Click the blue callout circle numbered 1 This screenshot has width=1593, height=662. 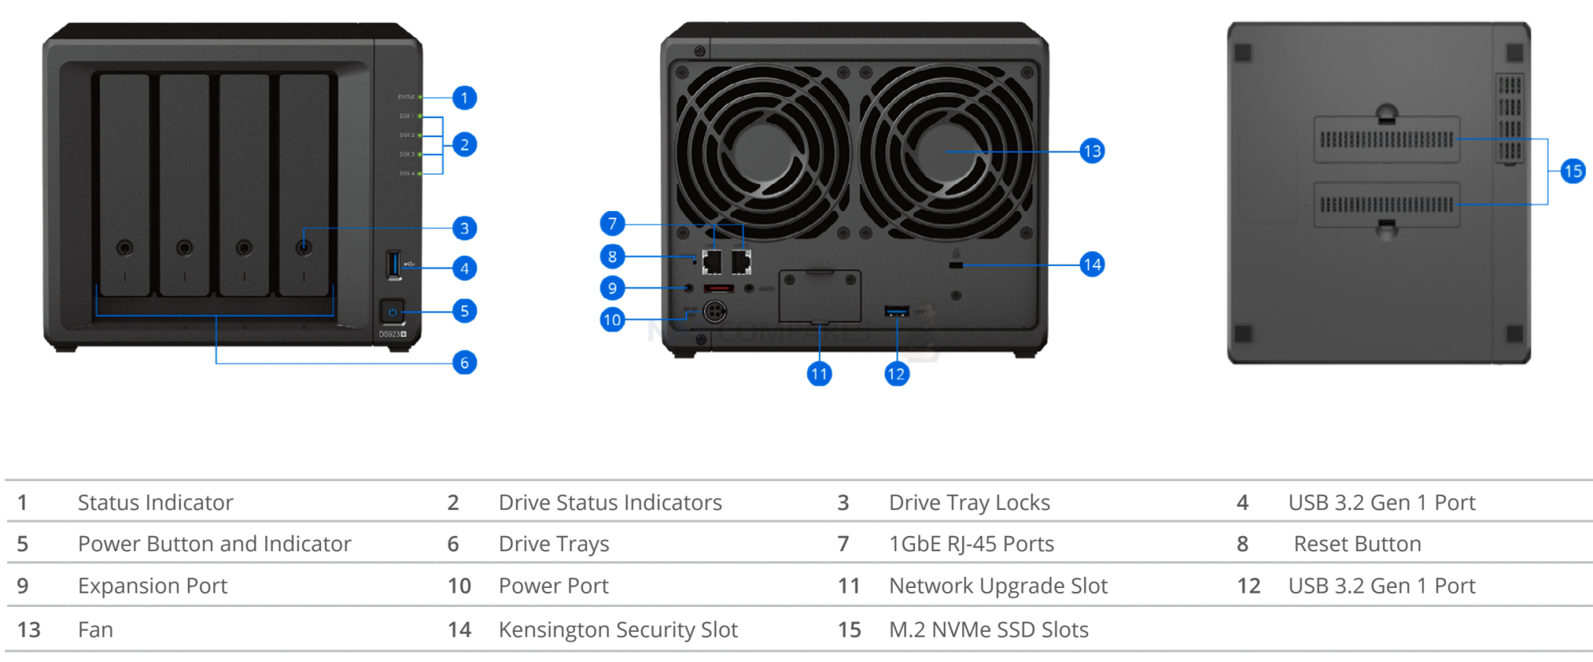click(x=464, y=98)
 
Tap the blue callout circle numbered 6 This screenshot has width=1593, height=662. click(x=464, y=363)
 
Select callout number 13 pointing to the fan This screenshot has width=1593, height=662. click(x=1092, y=151)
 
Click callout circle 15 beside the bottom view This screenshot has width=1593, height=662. click(x=1572, y=171)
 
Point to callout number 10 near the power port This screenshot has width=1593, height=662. click(x=612, y=320)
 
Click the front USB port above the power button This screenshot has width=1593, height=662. click(x=393, y=264)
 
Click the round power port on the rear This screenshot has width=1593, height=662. click(x=714, y=311)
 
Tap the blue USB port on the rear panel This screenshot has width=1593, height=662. click(x=897, y=311)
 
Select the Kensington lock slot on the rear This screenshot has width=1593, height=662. click(x=956, y=265)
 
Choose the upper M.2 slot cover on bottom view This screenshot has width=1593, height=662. click(x=1386, y=140)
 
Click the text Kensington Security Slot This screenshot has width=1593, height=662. click(x=618, y=630)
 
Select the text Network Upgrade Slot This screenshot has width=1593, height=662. click(x=998, y=586)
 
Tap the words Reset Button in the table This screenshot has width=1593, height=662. click(x=1357, y=544)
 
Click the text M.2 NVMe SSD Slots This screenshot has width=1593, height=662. click(x=988, y=630)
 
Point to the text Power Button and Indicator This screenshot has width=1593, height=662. click(x=214, y=544)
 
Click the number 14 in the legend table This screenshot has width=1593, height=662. click(x=459, y=630)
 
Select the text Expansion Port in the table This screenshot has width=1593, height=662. click(x=152, y=586)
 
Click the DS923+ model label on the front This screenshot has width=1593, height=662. click(x=392, y=334)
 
